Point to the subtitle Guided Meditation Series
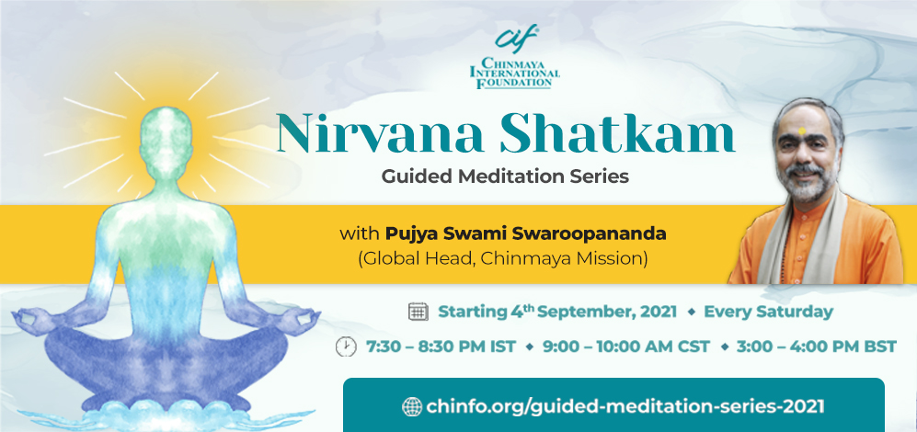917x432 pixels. [505, 176]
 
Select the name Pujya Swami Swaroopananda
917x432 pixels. [525, 234]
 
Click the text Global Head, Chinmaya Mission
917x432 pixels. [503, 259]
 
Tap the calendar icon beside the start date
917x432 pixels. [418, 312]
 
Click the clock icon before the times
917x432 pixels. [346, 347]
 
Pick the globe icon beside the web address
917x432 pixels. [412, 406]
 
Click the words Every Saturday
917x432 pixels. [768, 312]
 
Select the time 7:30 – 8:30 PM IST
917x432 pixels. [441, 347]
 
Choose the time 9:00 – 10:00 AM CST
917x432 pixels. [625, 347]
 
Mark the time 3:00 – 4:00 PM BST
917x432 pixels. [817, 347]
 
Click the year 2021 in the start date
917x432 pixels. [659, 312]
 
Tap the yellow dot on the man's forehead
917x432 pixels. [802, 131]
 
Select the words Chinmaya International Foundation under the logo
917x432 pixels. [515, 73]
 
